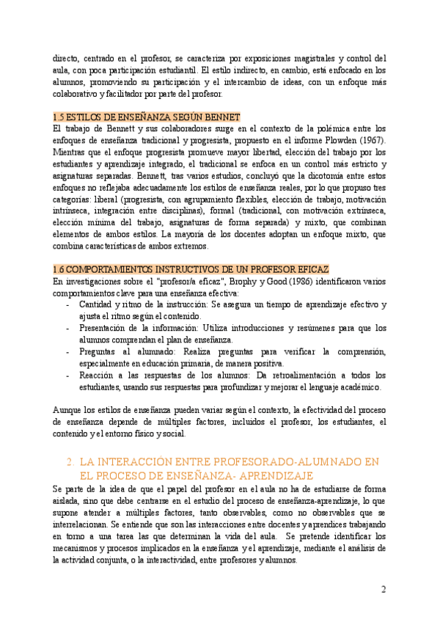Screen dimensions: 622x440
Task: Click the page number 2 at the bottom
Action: (384, 589)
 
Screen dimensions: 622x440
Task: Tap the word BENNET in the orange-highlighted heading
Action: (224, 117)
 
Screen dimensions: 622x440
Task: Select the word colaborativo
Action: (78, 93)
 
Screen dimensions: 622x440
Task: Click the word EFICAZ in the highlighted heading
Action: (311, 270)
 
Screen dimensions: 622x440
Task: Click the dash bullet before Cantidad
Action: (68, 304)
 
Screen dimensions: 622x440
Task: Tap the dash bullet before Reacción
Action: (68, 375)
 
